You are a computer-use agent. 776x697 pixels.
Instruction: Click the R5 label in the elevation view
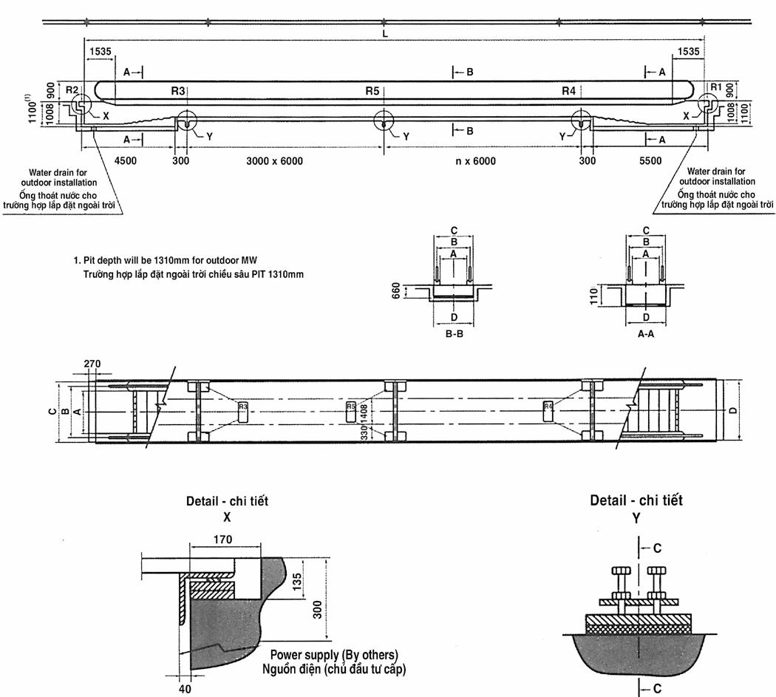click(x=372, y=90)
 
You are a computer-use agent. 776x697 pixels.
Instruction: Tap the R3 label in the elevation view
click(x=177, y=90)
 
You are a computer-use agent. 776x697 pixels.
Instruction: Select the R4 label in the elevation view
click(x=568, y=90)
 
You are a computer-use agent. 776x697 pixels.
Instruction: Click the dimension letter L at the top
click(x=385, y=34)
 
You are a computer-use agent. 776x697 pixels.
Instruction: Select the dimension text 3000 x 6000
click(x=274, y=161)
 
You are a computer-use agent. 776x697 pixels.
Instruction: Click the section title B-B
click(x=454, y=333)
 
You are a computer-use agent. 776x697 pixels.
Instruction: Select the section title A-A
click(x=647, y=333)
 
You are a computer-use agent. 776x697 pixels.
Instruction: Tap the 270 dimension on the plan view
click(x=92, y=364)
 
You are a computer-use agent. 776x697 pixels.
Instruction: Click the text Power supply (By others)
click(x=334, y=655)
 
